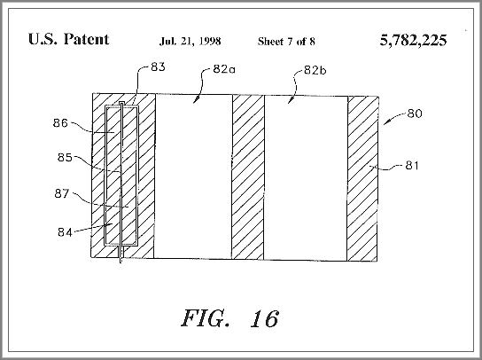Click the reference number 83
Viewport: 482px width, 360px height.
point(158,67)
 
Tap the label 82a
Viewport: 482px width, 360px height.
point(224,69)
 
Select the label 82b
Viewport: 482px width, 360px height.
point(315,70)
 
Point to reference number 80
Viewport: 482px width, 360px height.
point(415,113)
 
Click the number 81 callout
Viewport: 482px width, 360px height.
point(412,166)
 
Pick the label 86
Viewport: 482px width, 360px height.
point(60,123)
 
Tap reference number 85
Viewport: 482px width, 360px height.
point(65,158)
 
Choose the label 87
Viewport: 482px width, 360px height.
point(62,193)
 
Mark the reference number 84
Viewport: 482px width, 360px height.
point(65,232)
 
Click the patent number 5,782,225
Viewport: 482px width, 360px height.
point(413,40)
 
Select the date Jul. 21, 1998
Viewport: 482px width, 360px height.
point(190,41)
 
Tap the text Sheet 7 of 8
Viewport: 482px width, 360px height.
point(286,41)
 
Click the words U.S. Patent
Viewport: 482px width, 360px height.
point(68,39)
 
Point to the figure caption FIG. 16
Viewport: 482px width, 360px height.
point(230,318)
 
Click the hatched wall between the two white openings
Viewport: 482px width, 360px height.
point(248,177)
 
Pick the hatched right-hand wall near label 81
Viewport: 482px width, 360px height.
point(362,179)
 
